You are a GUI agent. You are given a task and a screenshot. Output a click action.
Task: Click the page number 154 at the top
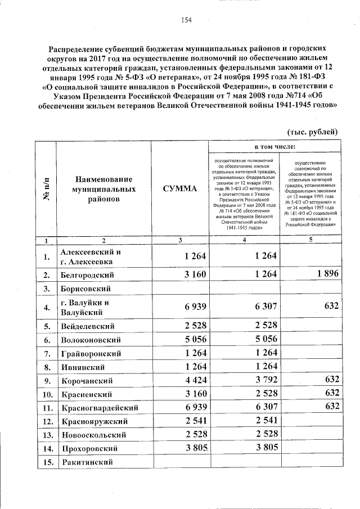pos(187,20)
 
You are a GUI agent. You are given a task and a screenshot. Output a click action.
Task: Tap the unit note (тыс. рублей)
pos(312,132)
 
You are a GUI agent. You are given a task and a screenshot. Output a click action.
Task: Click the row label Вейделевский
pos(88,326)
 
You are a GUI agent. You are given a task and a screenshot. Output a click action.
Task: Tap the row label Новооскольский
pos(93,435)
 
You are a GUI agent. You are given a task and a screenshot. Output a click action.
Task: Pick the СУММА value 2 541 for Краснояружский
pos(193,421)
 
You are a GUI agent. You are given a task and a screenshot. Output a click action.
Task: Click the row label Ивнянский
pos(82,367)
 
